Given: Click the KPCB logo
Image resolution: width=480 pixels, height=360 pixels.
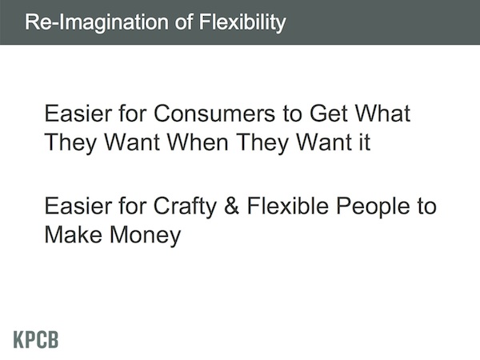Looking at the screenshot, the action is pyautogui.click(x=36, y=339).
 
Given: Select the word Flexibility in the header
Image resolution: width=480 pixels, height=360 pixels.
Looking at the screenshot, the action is pyautogui.click(x=242, y=22).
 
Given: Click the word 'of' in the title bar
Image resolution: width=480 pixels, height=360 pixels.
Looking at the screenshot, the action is pyautogui.click(x=184, y=22).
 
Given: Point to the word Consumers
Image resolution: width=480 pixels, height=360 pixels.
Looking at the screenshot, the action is pyautogui.click(x=214, y=114).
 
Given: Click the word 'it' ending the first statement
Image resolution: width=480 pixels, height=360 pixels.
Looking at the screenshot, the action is pyautogui.click(x=365, y=142).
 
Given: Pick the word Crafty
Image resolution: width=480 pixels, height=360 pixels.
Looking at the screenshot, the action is pyautogui.click(x=185, y=206).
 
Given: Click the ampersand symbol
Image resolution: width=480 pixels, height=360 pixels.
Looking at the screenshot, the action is pyautogui.click(x=231, y=206).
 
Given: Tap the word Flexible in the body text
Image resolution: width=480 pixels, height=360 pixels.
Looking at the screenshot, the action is pyautogui.click(x=288, y=206).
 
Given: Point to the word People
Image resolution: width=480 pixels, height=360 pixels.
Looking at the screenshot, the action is pyautogui.click(x=373, y=206).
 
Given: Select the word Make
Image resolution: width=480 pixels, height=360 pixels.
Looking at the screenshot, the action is pyautogui.click(x=74, y=234).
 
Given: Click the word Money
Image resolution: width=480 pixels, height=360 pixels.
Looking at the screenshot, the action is pyautogui.click(x=145, y=236).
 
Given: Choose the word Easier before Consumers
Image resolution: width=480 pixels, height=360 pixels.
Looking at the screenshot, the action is pyautogui.click(x=78, y=114).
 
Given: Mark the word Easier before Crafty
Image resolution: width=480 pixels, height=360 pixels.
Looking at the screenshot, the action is pyautogui.click(x=78, y=206).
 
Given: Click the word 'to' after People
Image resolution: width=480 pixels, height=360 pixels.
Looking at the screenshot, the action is pyautogui.click(x=426, y=206).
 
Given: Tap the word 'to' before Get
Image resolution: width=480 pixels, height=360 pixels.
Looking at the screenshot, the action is pyautogui.click(x=292, y=114).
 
